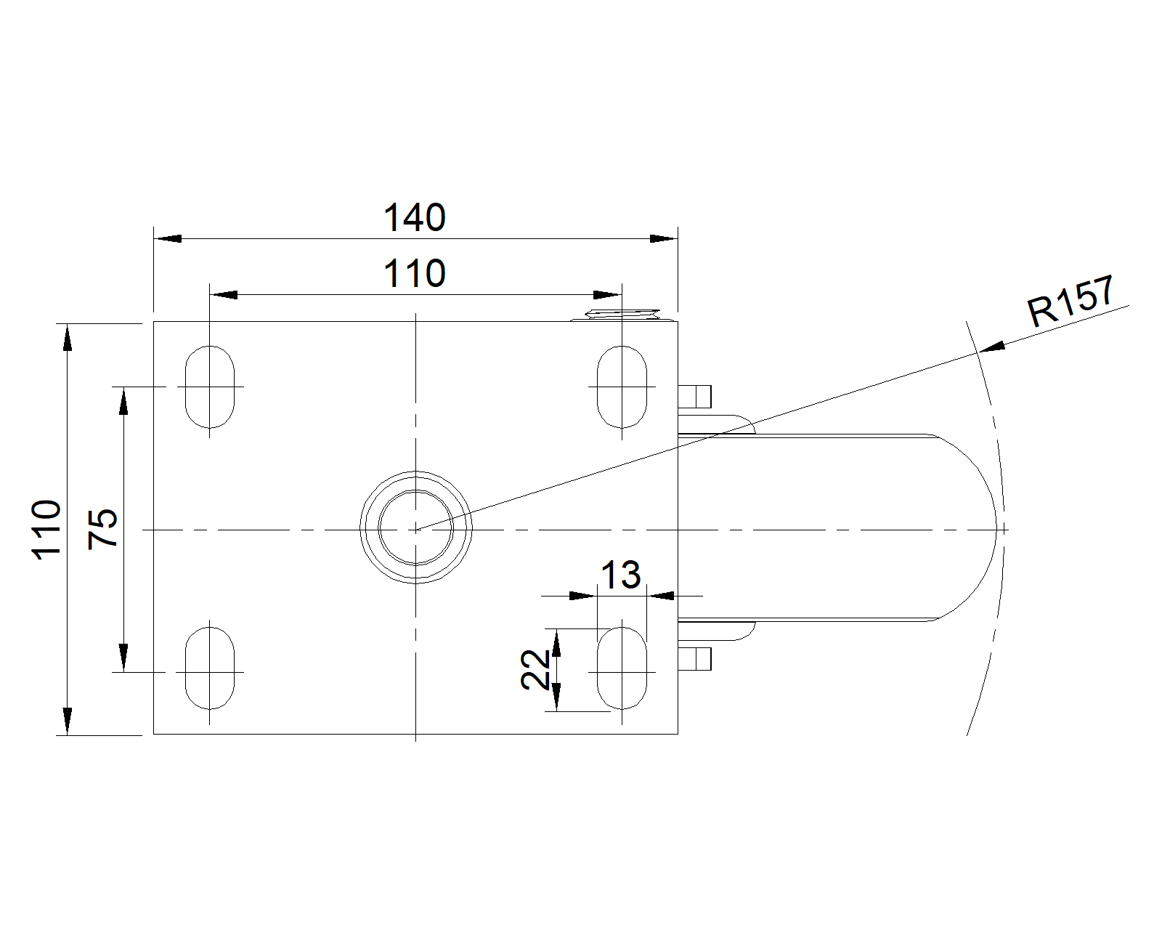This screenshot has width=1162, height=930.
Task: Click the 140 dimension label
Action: click(415, 218)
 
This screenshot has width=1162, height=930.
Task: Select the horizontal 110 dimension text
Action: click(415, 274)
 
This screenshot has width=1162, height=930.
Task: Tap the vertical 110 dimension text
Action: click(46, 530)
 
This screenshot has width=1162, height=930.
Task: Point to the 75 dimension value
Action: click(102, 528)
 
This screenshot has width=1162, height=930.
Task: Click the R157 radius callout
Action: click(1070, 301)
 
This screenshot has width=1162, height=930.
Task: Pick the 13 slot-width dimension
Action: click(621, 575)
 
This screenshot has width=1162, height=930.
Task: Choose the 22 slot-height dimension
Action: click(535, 670)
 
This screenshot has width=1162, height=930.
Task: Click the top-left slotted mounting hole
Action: click(209, 387)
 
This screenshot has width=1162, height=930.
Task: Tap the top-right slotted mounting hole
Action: click(622, 387)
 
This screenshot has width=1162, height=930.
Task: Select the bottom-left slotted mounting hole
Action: click(209, 668)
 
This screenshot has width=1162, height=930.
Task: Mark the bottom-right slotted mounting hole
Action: click(622, 668)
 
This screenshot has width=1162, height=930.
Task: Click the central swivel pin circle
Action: click(415, 527)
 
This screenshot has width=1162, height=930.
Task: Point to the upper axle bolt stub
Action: click(694, 396)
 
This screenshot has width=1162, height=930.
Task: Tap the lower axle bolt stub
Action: click(694, 659)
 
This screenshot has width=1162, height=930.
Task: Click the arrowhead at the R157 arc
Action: click(993, 347)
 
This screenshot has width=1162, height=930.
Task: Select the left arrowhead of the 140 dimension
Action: click(167, 238)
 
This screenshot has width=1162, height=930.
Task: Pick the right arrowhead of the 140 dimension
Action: click(664, 238)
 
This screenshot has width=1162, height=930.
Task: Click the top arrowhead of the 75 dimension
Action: click(123, 401)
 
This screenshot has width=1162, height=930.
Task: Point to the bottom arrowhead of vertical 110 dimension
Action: click(68, 721)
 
